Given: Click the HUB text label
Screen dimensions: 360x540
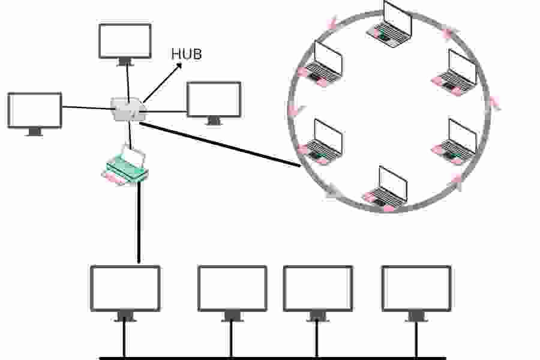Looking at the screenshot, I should click(x=187, y=54).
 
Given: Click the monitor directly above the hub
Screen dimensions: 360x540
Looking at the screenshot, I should click(x=125, y=42).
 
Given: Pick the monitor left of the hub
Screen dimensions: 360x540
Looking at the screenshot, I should click(x=35, y=111).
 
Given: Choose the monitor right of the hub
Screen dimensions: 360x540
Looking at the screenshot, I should click(x=214, y=100).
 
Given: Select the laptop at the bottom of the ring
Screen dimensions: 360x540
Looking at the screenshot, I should click(x=385, y=188).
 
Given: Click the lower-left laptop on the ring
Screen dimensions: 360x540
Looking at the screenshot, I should click(x=322, y=142).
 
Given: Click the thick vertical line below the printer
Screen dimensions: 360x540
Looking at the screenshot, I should click(x=139, y=222).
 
